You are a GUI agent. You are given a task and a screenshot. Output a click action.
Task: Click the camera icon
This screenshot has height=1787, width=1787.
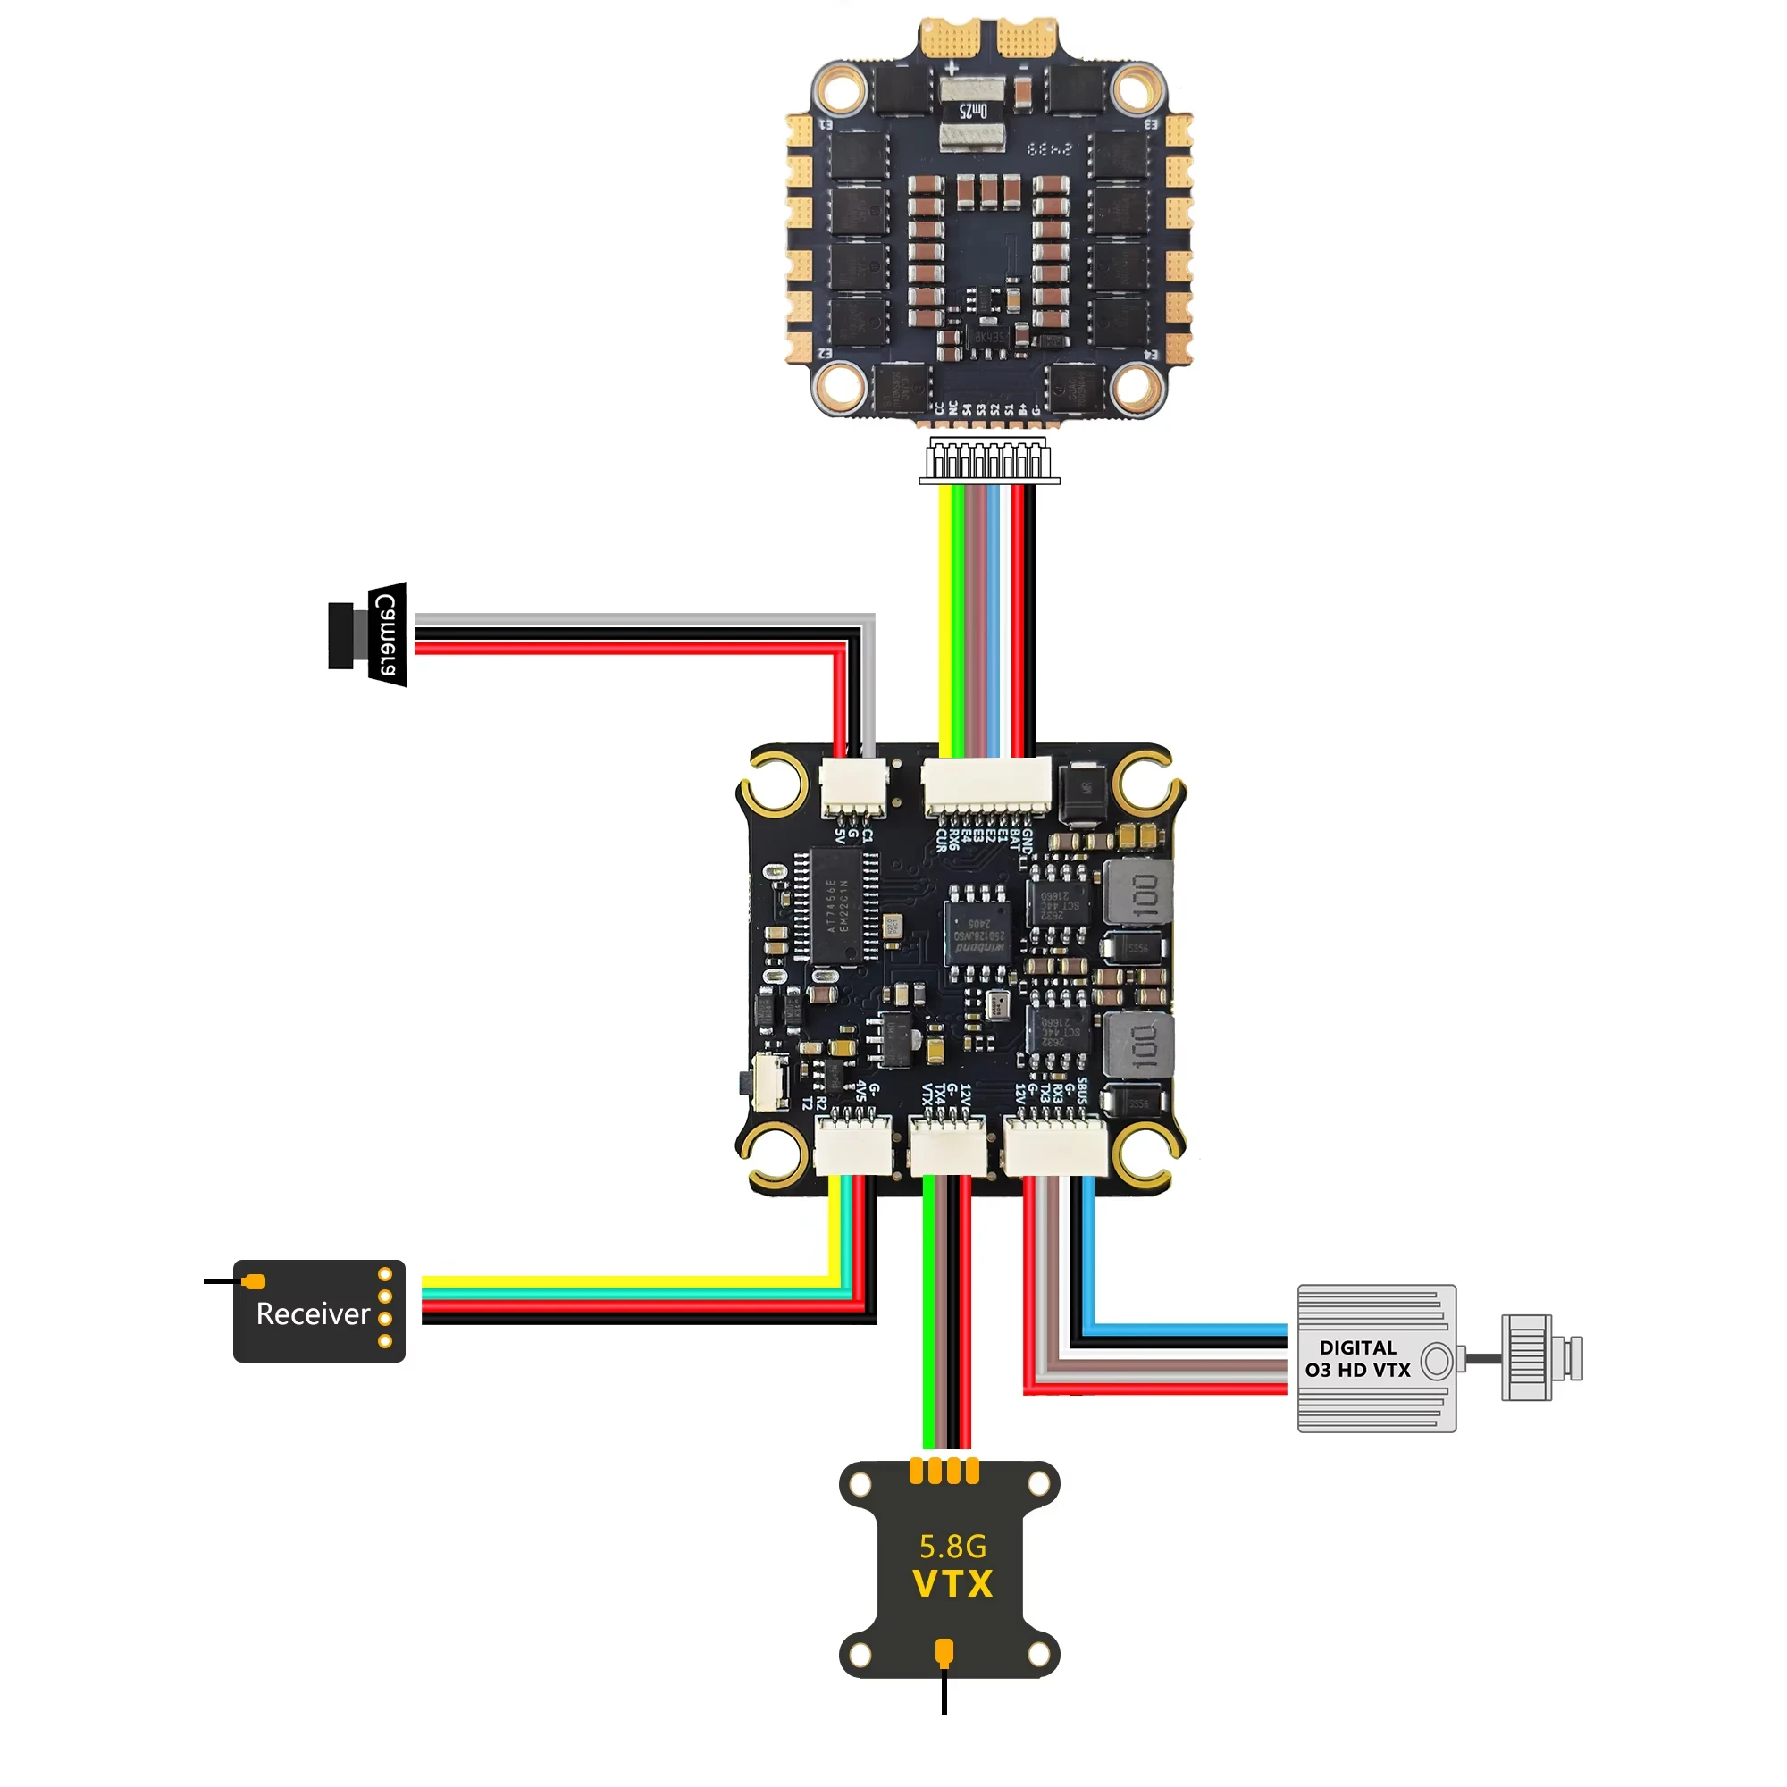(x=368, y=634)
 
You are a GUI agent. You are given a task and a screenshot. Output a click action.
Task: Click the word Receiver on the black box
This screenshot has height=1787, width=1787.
(x=313, y=1313)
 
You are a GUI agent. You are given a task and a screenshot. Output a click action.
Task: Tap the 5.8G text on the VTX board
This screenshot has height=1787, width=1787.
(x=952, y=1546)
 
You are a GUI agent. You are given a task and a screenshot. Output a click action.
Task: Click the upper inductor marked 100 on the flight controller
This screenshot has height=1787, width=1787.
(x=1138, y=893)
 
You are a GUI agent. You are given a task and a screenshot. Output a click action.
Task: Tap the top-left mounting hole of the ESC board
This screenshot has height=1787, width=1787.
(x=839, y=90)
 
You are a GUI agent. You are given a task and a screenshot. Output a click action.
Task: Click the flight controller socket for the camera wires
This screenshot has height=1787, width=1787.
(x=852, y=786)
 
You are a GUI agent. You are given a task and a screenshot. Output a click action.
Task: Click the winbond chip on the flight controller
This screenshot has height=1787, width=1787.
(x=977, y=932)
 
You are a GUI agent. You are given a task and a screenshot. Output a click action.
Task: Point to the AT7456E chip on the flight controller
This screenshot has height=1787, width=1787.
(x=836, y=905)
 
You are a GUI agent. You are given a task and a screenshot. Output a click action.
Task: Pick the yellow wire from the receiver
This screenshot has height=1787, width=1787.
(x=629, y=1281)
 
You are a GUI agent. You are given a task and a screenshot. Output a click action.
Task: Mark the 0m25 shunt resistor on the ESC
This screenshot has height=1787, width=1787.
(x=971, y=111)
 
